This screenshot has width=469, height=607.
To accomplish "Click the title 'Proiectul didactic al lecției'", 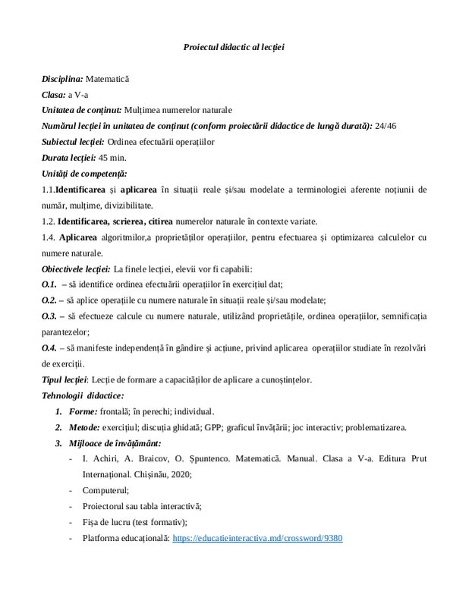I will (234, 47).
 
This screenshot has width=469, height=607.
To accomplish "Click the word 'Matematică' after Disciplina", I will (107, 78).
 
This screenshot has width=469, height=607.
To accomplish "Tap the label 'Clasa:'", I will (54, 94).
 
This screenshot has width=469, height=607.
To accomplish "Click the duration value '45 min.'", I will (112, 158).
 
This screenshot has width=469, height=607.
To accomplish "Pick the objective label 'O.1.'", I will (49, 284).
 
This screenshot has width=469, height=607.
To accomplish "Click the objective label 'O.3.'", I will (49, 316).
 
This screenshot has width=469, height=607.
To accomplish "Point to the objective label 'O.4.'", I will (49, 348).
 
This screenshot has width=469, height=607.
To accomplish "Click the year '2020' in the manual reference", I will (179, 474).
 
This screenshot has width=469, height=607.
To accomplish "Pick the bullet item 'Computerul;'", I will (106, 490).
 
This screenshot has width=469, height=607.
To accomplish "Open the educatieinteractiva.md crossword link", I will (258, 538).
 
